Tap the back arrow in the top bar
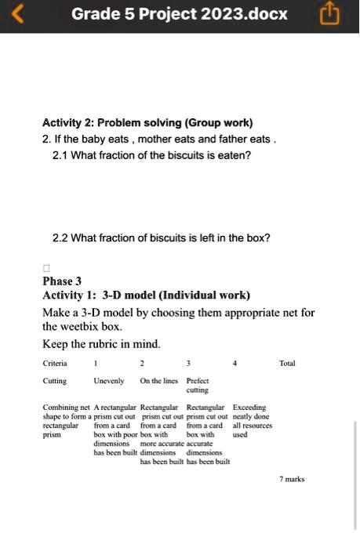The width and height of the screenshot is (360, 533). pyautogui.click(x=20, y=14)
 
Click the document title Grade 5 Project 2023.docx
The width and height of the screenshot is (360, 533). pyautogui.click(x=180, y=14)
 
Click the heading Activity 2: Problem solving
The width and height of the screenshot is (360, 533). pyautogui.click(x=147, y=123)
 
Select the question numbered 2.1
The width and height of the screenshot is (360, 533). pyautogui.click(x=151, y=155)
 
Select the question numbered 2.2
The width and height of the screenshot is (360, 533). pyautogui.click(x=161, y=237)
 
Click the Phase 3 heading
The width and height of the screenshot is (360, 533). pyautogui.click(x=62, y=281)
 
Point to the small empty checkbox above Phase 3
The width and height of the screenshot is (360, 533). pyautogui.click(x=45, y=266)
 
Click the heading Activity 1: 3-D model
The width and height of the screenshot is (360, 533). pyautogui.click(x=147, y=296)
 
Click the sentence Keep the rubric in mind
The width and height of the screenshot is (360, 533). pyautogui.click(x=102, y=343)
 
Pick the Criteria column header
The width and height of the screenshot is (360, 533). pyautogui.click(x=55, y=364)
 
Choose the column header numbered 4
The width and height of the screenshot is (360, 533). pyautogui.click(x=235, y=364)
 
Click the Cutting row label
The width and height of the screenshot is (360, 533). pyautogui.click(x=54, y=381)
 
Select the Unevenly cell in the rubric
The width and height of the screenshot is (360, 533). pyautogui.click(x=109, y=381)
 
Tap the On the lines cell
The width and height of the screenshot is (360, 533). pyautogui.click(x=158, y=381)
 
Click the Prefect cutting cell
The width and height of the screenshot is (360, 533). pyautogui.click(x=198, y=385)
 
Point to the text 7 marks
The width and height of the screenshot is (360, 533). pyautogui.click(x=292, y=479)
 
